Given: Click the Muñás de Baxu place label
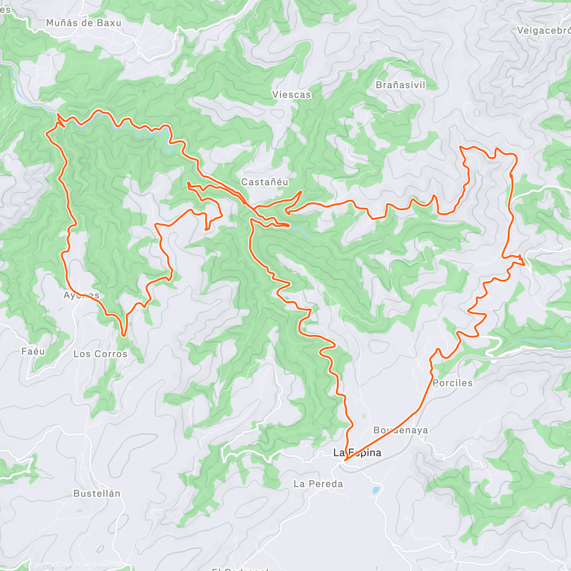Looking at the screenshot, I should [84, 23].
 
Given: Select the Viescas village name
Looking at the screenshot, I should [292, 95].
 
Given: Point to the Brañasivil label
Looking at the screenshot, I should [401, 85].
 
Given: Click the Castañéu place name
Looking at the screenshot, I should [265, 182].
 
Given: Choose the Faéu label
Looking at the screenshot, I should [33, 352].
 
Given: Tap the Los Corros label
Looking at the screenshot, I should [100, 354].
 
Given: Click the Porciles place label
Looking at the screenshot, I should [453, 383].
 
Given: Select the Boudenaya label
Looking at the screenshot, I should [401, 430].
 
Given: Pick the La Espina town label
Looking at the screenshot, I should [357, 453].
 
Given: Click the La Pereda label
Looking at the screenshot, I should [318, 484].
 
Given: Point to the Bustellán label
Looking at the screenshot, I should [97, 493].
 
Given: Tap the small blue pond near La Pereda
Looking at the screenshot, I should [376, 489].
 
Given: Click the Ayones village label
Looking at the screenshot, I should [81, 295].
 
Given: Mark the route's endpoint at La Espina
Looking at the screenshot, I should [345, 460].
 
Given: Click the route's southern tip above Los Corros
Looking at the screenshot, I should [124, 335].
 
